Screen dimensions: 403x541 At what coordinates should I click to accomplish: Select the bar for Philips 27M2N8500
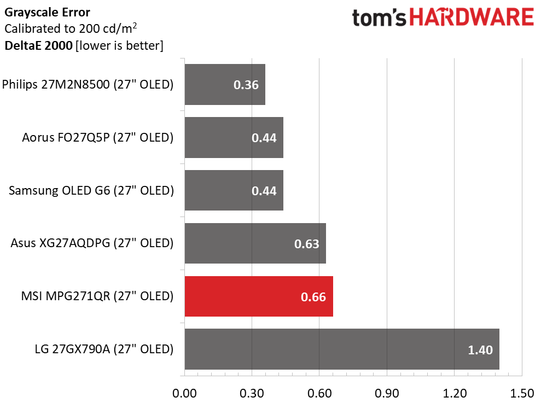(x=225, y=85)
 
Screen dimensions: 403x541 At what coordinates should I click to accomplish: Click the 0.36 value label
(x=246, y=85)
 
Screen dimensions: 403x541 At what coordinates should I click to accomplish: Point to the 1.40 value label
(x=480, y=350)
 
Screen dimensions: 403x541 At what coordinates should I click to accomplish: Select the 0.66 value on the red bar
(x=313, y=297)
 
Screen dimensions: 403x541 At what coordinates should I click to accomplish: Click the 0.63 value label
(x=306, y=244)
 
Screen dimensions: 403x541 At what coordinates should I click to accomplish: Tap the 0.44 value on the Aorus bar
(x=264, y=138)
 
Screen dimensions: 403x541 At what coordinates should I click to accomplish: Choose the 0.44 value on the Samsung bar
(x=264, y=191)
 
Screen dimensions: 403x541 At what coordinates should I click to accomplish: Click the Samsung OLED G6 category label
(x=91, y=190)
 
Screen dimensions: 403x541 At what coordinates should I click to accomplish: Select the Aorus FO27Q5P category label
(x=98, y=137)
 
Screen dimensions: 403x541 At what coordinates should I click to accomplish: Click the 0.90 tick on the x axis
(x=387, y=393)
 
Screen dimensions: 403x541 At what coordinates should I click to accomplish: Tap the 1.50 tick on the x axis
(x=521, y=393)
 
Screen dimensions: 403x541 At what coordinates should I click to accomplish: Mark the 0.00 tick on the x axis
(x=184, y=393)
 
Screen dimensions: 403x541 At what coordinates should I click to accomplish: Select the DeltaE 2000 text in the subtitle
(x=38, y=46)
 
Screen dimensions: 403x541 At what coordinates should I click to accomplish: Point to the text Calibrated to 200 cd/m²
(x=70, y=28)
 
